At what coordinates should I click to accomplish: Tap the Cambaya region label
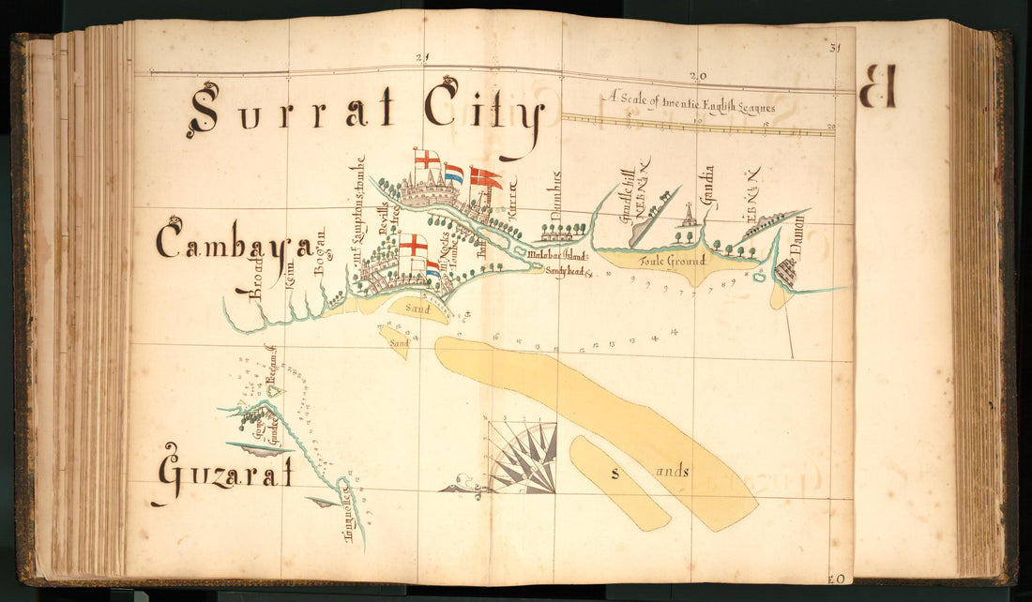(x=234, y=244)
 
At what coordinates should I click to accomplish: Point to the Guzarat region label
(x=225, y=474)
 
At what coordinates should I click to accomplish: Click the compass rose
(x=523, y=458)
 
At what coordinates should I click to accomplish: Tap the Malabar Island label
(x=555, y=254)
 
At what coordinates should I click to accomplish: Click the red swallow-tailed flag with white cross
(x=486, y=177)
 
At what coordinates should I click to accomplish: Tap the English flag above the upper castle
(x=427, y=159)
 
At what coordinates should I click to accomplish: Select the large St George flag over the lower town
(x=412, y=248)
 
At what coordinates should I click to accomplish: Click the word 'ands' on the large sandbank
(x=674, y=472)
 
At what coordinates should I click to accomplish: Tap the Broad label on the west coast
(x=255, y=278)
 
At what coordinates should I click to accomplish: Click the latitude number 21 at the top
(x=422, y=58)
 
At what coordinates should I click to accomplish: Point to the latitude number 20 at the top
(x=695, y=77)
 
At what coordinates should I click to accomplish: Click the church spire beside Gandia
(x=690, y=217)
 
